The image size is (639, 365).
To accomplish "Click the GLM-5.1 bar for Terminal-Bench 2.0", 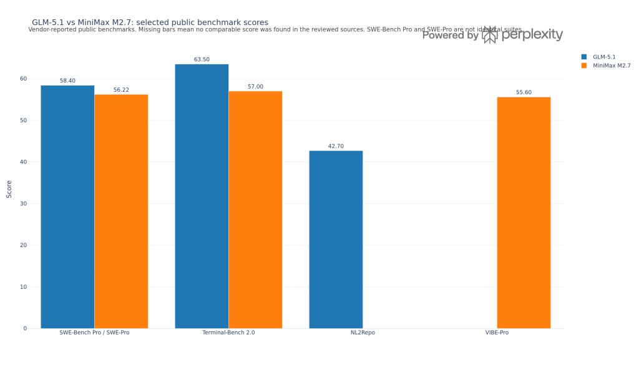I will tap(202, 197).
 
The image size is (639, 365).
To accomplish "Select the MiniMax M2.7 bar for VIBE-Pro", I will tap(524, 213).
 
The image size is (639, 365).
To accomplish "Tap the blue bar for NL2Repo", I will tap(336, 240).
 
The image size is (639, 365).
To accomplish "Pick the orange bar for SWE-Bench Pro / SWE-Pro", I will tap(121, 212).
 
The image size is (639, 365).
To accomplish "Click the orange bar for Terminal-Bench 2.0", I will tap(255, 210).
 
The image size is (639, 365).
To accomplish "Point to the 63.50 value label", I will tap(202, 60).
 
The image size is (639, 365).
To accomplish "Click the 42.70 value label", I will tap(336, 147).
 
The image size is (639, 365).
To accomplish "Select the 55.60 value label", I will tap(524, 92).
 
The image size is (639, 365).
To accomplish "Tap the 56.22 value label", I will tap(121, 90).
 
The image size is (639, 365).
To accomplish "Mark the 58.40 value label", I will tap(67, 81).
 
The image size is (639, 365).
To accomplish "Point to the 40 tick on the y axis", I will tap(24, 162).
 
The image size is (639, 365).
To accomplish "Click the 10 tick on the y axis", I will tap(24, 287).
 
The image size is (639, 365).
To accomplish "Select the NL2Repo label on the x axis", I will tap(363, 333).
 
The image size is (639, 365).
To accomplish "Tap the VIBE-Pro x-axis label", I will tap(497, 333).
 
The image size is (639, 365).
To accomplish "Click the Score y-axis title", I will tap(9, 189).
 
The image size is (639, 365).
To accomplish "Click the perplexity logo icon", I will tap(490, 35).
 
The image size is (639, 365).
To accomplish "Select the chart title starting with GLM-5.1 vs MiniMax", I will tap(150, 22).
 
